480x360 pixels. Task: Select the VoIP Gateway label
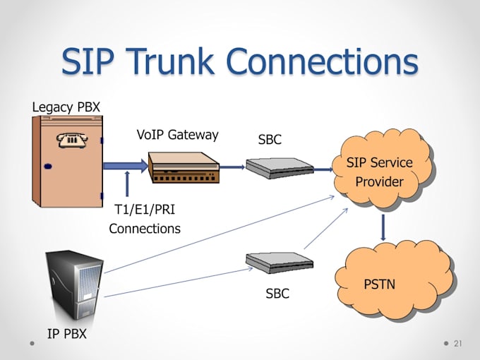tap(177, 134)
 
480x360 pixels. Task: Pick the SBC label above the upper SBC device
tap(270, 140)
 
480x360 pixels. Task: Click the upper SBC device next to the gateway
tap(280, 168)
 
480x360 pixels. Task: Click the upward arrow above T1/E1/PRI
tap(128, 183)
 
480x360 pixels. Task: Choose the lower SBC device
tap(280, 263)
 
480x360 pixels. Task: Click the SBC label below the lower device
tap(277, 293)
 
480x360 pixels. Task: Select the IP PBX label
tap(66, 334)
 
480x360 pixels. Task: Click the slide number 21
tap(457, 343)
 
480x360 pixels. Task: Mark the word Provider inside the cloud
tap(379, 181)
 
